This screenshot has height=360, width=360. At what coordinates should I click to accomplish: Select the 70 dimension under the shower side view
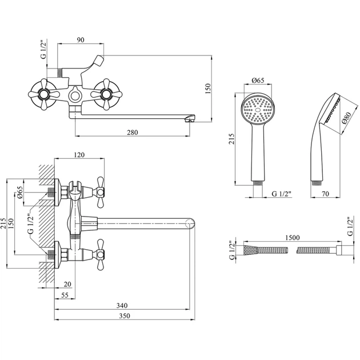click(x=325, y=194)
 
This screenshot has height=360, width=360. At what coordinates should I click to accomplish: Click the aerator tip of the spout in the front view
click(x=191, y=119)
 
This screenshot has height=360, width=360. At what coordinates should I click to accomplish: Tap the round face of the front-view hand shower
click(x=256, y=109)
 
